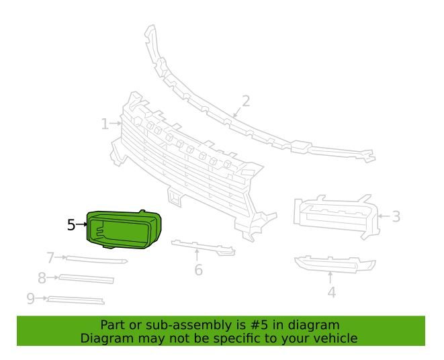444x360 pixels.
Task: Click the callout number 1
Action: [x=105, y=124]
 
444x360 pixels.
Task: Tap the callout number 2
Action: [x=246, y=101]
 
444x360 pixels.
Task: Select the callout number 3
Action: [x=396, y=216]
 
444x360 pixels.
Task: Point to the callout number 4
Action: [x=331, y=292]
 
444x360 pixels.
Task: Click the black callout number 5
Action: [x=71, y=225]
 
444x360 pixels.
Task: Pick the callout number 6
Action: [x=198, y=270]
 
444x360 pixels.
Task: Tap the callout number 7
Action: [x=50, y=257]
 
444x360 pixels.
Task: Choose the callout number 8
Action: [x=42, y=277]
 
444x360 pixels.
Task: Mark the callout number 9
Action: [x=31, y=298]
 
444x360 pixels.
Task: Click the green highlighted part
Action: [x=124, y=228]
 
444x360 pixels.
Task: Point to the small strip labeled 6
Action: [x=202, y=247]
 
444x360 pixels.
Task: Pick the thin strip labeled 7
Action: [x=94, y=259]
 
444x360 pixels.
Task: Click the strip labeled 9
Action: [x=75, y=300]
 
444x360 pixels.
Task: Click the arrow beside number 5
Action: [x=82, y=225]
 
